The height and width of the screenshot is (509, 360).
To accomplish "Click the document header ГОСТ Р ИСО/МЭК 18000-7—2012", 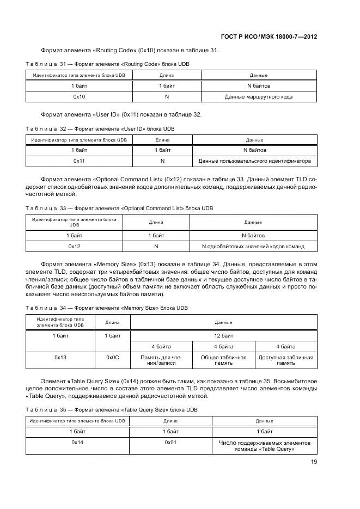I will coord(269,37).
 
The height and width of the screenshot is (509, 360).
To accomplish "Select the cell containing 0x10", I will coord(79,96).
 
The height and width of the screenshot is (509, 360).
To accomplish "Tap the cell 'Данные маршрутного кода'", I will coord(258,96).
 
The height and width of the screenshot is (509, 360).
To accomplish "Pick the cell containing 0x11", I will coord(79,161).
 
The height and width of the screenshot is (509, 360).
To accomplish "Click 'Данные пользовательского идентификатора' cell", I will coord(254,161).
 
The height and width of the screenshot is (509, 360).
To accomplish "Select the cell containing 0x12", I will coord(75,246).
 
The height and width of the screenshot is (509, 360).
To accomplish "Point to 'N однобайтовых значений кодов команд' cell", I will coord(253,246).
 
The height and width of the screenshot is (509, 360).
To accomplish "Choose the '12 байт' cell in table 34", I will coord(223,336).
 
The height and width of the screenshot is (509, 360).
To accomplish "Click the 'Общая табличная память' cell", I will coord(223,360).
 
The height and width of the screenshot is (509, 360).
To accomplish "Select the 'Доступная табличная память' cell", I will coord(285,360).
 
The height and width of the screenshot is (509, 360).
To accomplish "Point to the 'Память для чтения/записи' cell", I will coord(161,360).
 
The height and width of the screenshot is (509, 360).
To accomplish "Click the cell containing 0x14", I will coord(77,443).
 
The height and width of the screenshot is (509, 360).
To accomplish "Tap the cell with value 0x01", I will coord(170,443).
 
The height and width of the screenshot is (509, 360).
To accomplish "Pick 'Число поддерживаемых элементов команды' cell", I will coord(264,446).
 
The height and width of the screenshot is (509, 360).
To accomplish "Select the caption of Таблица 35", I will coord(112,409).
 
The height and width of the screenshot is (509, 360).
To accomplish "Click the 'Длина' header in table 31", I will coord(167,75).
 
